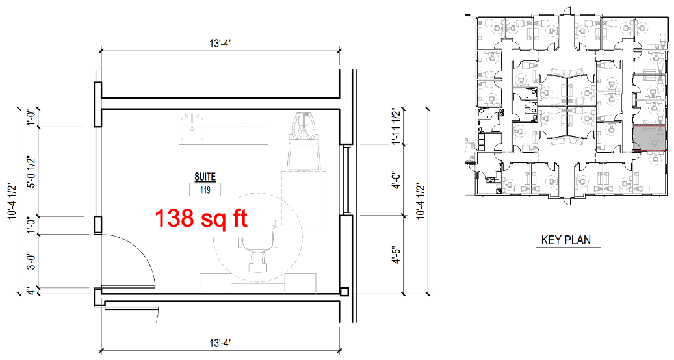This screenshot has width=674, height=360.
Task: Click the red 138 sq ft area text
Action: tap(201, 218)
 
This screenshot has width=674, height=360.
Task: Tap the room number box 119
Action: tap(205, 190)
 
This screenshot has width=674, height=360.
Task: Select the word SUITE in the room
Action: tap(205, 177)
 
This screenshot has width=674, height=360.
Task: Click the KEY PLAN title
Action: tap(566, 240)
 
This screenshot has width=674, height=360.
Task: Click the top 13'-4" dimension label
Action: tap(220, 44)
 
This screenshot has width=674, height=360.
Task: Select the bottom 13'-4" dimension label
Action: tap(220, 343)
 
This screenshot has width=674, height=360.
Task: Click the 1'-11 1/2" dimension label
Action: tap(396, 127)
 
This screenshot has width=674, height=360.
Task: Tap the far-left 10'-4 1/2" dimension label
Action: tap(12, 201)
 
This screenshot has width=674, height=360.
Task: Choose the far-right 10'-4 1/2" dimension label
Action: tap(421, 201)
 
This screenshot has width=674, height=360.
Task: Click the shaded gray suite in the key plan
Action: tap(649, 138)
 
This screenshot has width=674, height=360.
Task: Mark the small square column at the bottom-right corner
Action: tap(344, 292)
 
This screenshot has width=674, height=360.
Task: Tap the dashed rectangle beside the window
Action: tap(304, 198)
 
